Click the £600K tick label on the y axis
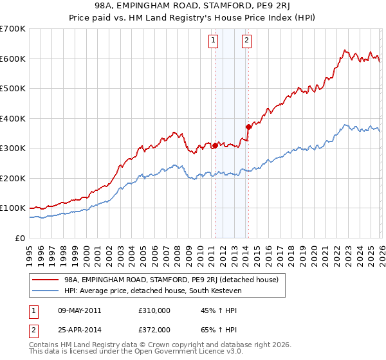(13, 59)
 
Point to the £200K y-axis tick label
(13, 178)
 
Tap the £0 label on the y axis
(21, 238)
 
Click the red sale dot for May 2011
(214, 145)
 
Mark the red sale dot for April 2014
(248, 127)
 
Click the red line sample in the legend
(45, 280)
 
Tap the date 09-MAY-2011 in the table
(80, 310)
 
